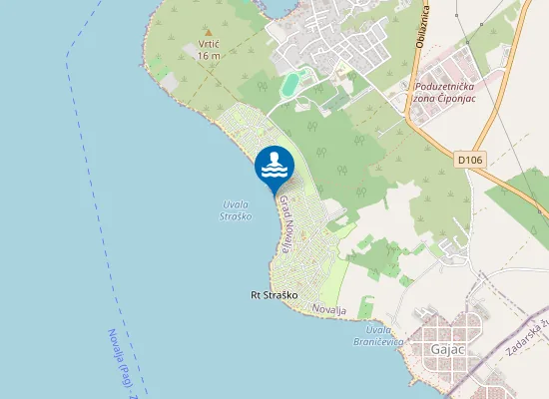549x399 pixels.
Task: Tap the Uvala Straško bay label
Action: (x=237, y=210)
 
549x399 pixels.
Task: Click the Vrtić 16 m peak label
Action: (x=209, y=51)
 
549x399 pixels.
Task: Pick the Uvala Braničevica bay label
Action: (x=384, y=335)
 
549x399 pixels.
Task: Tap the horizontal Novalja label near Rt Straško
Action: (x=328, y=311)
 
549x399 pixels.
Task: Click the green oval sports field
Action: (x=289, y=85)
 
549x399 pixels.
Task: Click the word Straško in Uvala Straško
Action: (x=237, y=215)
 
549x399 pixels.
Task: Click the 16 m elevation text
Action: (x=209, y=56)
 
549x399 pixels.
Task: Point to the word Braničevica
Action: (x=384, y=341)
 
